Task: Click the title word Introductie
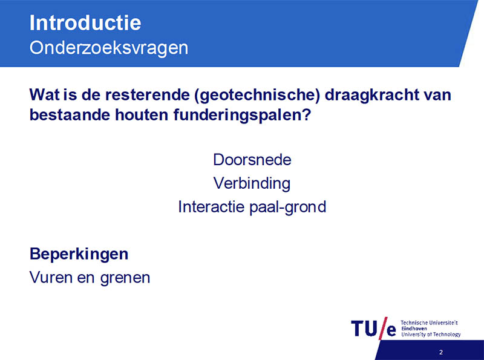coord(85,22)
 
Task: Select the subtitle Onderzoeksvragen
coord(109,48)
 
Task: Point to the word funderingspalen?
coord(242,115)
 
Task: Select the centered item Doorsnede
coord(252,160)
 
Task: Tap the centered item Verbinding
coord(252,183)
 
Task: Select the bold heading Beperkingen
coord(79,254)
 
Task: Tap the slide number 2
coord(441,352)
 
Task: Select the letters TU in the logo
coord(364,328)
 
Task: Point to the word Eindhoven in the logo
coord(414,329)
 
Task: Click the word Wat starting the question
coord(45,95)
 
